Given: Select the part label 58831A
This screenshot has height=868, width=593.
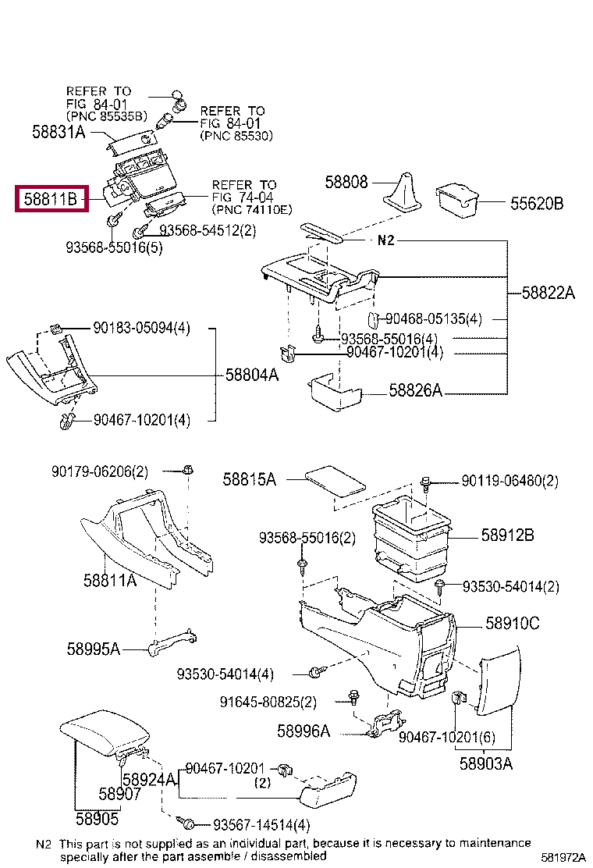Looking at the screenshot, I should tap(59, 132).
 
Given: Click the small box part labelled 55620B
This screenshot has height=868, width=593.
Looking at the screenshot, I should tap(457, 199).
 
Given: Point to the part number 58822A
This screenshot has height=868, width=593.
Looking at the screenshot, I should tap(548, 293).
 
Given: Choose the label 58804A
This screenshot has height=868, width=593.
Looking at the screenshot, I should tap(251, 375).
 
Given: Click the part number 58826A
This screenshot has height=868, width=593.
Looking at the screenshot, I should tap(416, 390).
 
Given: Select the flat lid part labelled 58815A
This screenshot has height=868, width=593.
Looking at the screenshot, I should tap(335, 478).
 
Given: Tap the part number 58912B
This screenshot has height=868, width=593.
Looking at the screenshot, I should tap(507, 535).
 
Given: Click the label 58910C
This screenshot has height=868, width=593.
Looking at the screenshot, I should tap(513, 624).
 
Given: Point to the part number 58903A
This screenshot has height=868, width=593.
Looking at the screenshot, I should tap(485, 764).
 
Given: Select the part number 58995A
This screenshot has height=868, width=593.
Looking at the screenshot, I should tap(93, 649).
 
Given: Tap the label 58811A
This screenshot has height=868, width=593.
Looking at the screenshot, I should tap(110, 580).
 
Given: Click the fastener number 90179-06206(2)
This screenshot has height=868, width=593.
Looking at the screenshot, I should tap(100, 471).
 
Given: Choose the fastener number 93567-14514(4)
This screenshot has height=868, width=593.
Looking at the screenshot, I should tap(261, 824).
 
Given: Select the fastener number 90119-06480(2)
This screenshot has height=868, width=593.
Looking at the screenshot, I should tap(510, 481).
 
